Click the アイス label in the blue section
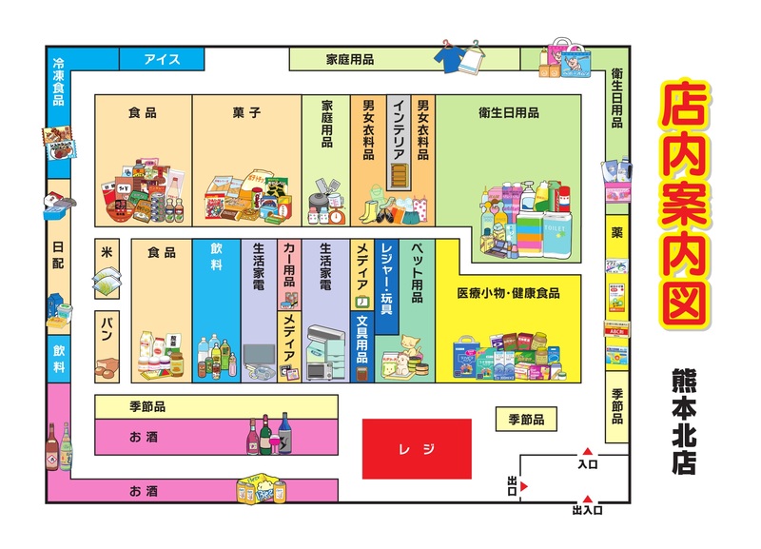[x=162, y=59]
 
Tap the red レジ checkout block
[x=417, y=447]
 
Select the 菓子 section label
[x=246, y=112]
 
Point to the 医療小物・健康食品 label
[x=508, y=293]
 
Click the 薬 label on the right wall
[x=616, y=232]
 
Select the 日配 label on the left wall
[x=58, y=257]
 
